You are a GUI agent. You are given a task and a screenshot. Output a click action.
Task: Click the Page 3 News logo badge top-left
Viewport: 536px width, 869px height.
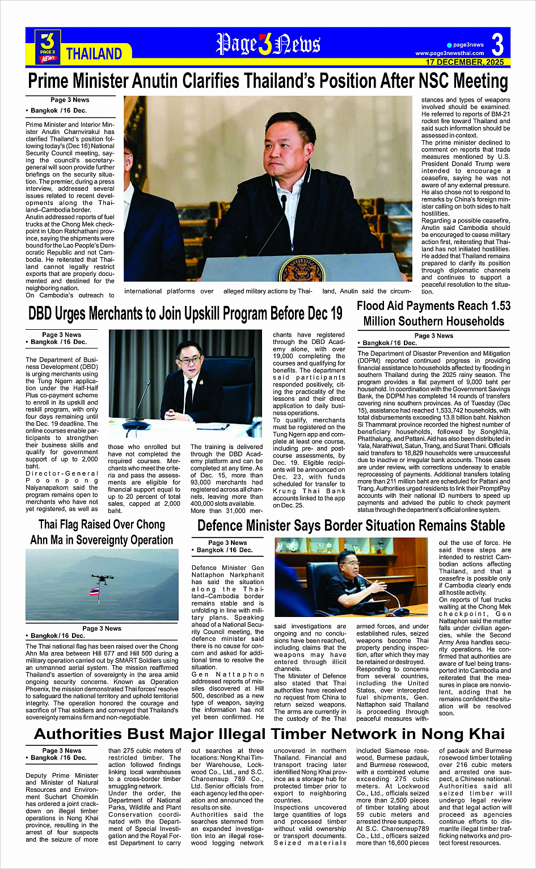[x=48, y=46]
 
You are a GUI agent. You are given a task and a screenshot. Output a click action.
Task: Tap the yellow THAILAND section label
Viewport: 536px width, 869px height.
[x=94, y=54]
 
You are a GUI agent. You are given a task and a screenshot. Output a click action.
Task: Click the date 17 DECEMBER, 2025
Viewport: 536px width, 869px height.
[x=465, y=62]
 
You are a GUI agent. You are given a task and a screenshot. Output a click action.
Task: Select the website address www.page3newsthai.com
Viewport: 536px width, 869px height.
[x=449, y=53]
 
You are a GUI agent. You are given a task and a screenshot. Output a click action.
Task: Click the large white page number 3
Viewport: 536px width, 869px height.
[x=497, y=44]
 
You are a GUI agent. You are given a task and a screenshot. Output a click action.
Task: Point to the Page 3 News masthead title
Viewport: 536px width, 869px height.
[x=268, y=44]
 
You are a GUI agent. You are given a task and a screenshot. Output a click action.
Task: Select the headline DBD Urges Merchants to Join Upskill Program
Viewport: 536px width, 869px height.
[x=185, y=313]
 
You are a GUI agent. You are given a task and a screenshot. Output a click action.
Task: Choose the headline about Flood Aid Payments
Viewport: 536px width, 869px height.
[x=433, y=313]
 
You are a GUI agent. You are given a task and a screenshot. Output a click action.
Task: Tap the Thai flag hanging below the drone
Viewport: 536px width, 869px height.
[x=95, y=591]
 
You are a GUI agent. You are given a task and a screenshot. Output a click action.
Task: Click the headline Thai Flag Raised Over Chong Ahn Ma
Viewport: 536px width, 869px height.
[x=102, y=532]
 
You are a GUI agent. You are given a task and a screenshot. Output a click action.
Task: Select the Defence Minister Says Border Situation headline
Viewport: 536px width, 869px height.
[x=351, y=526]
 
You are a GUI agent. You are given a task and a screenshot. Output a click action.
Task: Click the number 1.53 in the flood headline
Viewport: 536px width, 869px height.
[x=493, y=306]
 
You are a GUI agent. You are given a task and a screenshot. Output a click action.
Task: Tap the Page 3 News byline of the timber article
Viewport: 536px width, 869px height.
[x=62, y=750]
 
